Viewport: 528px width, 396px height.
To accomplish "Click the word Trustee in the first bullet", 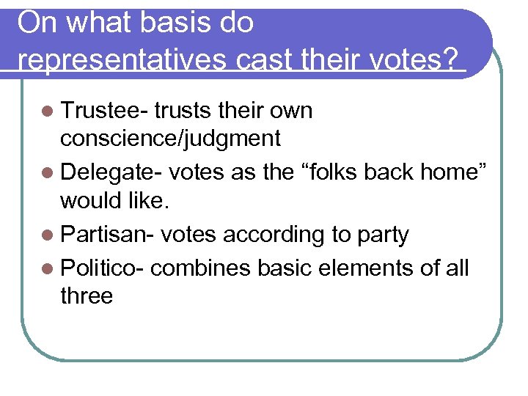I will (103, 111).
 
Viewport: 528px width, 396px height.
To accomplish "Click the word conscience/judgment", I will (171, 139).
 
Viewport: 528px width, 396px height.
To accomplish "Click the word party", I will (381, 235).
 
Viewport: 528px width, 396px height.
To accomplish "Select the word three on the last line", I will (87, 296).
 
